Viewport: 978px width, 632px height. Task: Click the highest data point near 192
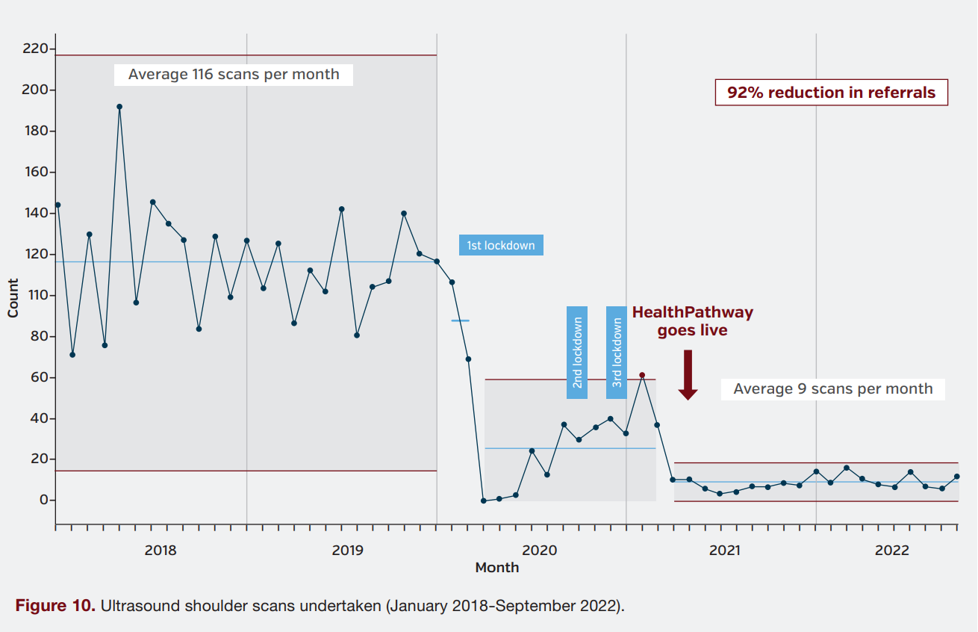coord(119,107)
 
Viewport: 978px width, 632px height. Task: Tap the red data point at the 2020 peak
coord(642,375)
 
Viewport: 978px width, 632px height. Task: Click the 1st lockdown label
coord(500,245)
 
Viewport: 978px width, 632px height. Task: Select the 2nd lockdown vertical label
coord(577,353)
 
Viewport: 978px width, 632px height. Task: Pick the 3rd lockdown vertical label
coord(617,353)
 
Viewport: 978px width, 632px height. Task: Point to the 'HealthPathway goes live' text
coord(692,321)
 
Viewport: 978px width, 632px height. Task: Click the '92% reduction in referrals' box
coord(831,93)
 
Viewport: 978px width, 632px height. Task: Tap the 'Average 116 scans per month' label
coord(234,75)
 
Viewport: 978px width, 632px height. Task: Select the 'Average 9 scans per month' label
coord(832,389)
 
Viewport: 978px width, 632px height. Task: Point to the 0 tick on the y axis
coord(43,500)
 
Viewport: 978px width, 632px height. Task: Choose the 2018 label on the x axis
coord(161,551)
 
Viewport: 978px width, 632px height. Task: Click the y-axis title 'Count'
coord(13,297)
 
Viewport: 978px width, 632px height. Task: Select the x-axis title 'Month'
coord(496,568)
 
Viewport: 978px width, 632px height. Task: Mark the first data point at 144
coord(57,205)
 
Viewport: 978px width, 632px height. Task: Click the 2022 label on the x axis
coord(891,551)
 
